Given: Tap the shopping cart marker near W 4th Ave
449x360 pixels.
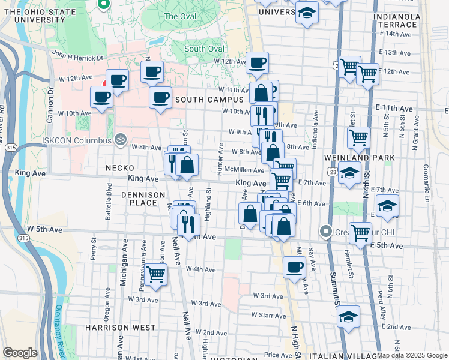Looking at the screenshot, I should (x=156, y=275).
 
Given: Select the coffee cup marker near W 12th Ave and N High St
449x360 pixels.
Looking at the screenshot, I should (x=258, y=64).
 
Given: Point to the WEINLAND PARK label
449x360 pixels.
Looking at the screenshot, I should (x=367, y=158).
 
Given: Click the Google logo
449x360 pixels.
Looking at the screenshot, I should (x=20, y=352).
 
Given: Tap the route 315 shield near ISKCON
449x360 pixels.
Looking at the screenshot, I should (x=8, y=147).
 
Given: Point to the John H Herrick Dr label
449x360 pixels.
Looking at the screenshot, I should (x=79, y=56).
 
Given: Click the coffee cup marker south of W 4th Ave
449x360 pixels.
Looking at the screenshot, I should (x=294, y=268).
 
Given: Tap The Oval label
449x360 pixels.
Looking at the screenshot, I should (x=179, y=16).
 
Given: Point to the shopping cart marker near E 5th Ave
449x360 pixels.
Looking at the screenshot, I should (x=360, y=233).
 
